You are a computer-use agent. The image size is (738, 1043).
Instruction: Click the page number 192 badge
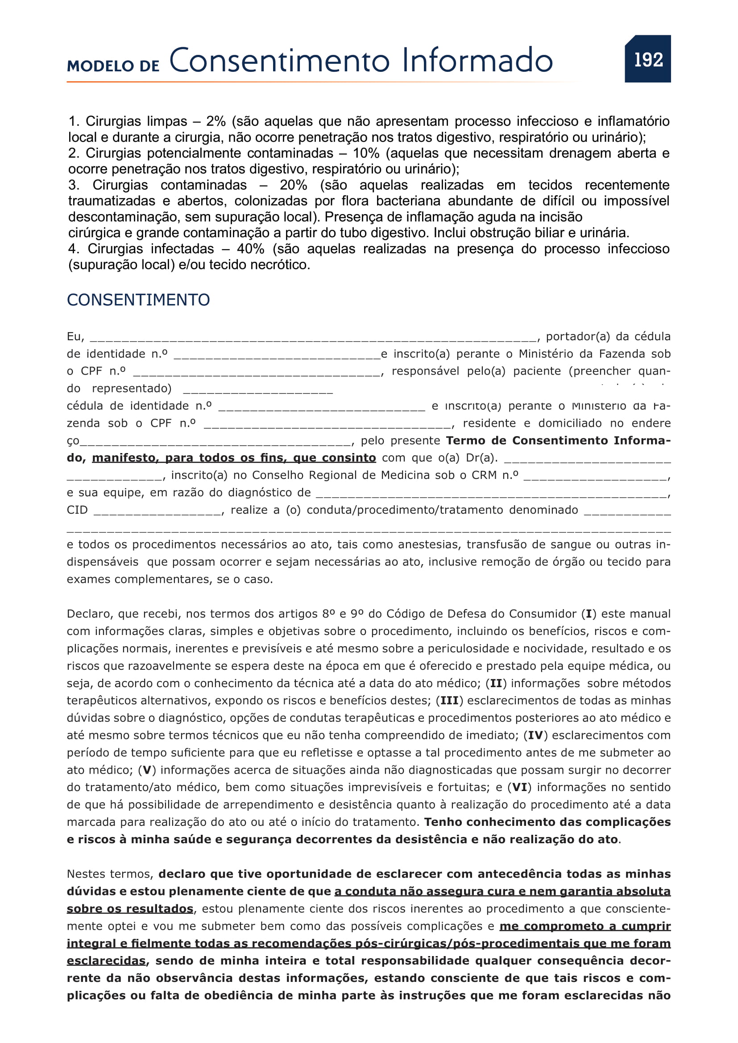pos(647,59)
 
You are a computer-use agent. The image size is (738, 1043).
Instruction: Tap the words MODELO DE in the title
pos(113,66)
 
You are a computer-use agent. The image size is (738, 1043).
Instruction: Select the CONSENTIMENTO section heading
pos(138,300)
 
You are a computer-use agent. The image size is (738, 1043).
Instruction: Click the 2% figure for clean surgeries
pos(216,121)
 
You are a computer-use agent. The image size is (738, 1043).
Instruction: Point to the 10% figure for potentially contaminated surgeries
pos(366,153)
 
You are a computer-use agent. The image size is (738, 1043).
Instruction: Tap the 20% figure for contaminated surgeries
pos(293,185)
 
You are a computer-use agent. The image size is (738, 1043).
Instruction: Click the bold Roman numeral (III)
pos(449,701)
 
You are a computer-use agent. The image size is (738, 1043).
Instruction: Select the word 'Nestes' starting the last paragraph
pos(87,874)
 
